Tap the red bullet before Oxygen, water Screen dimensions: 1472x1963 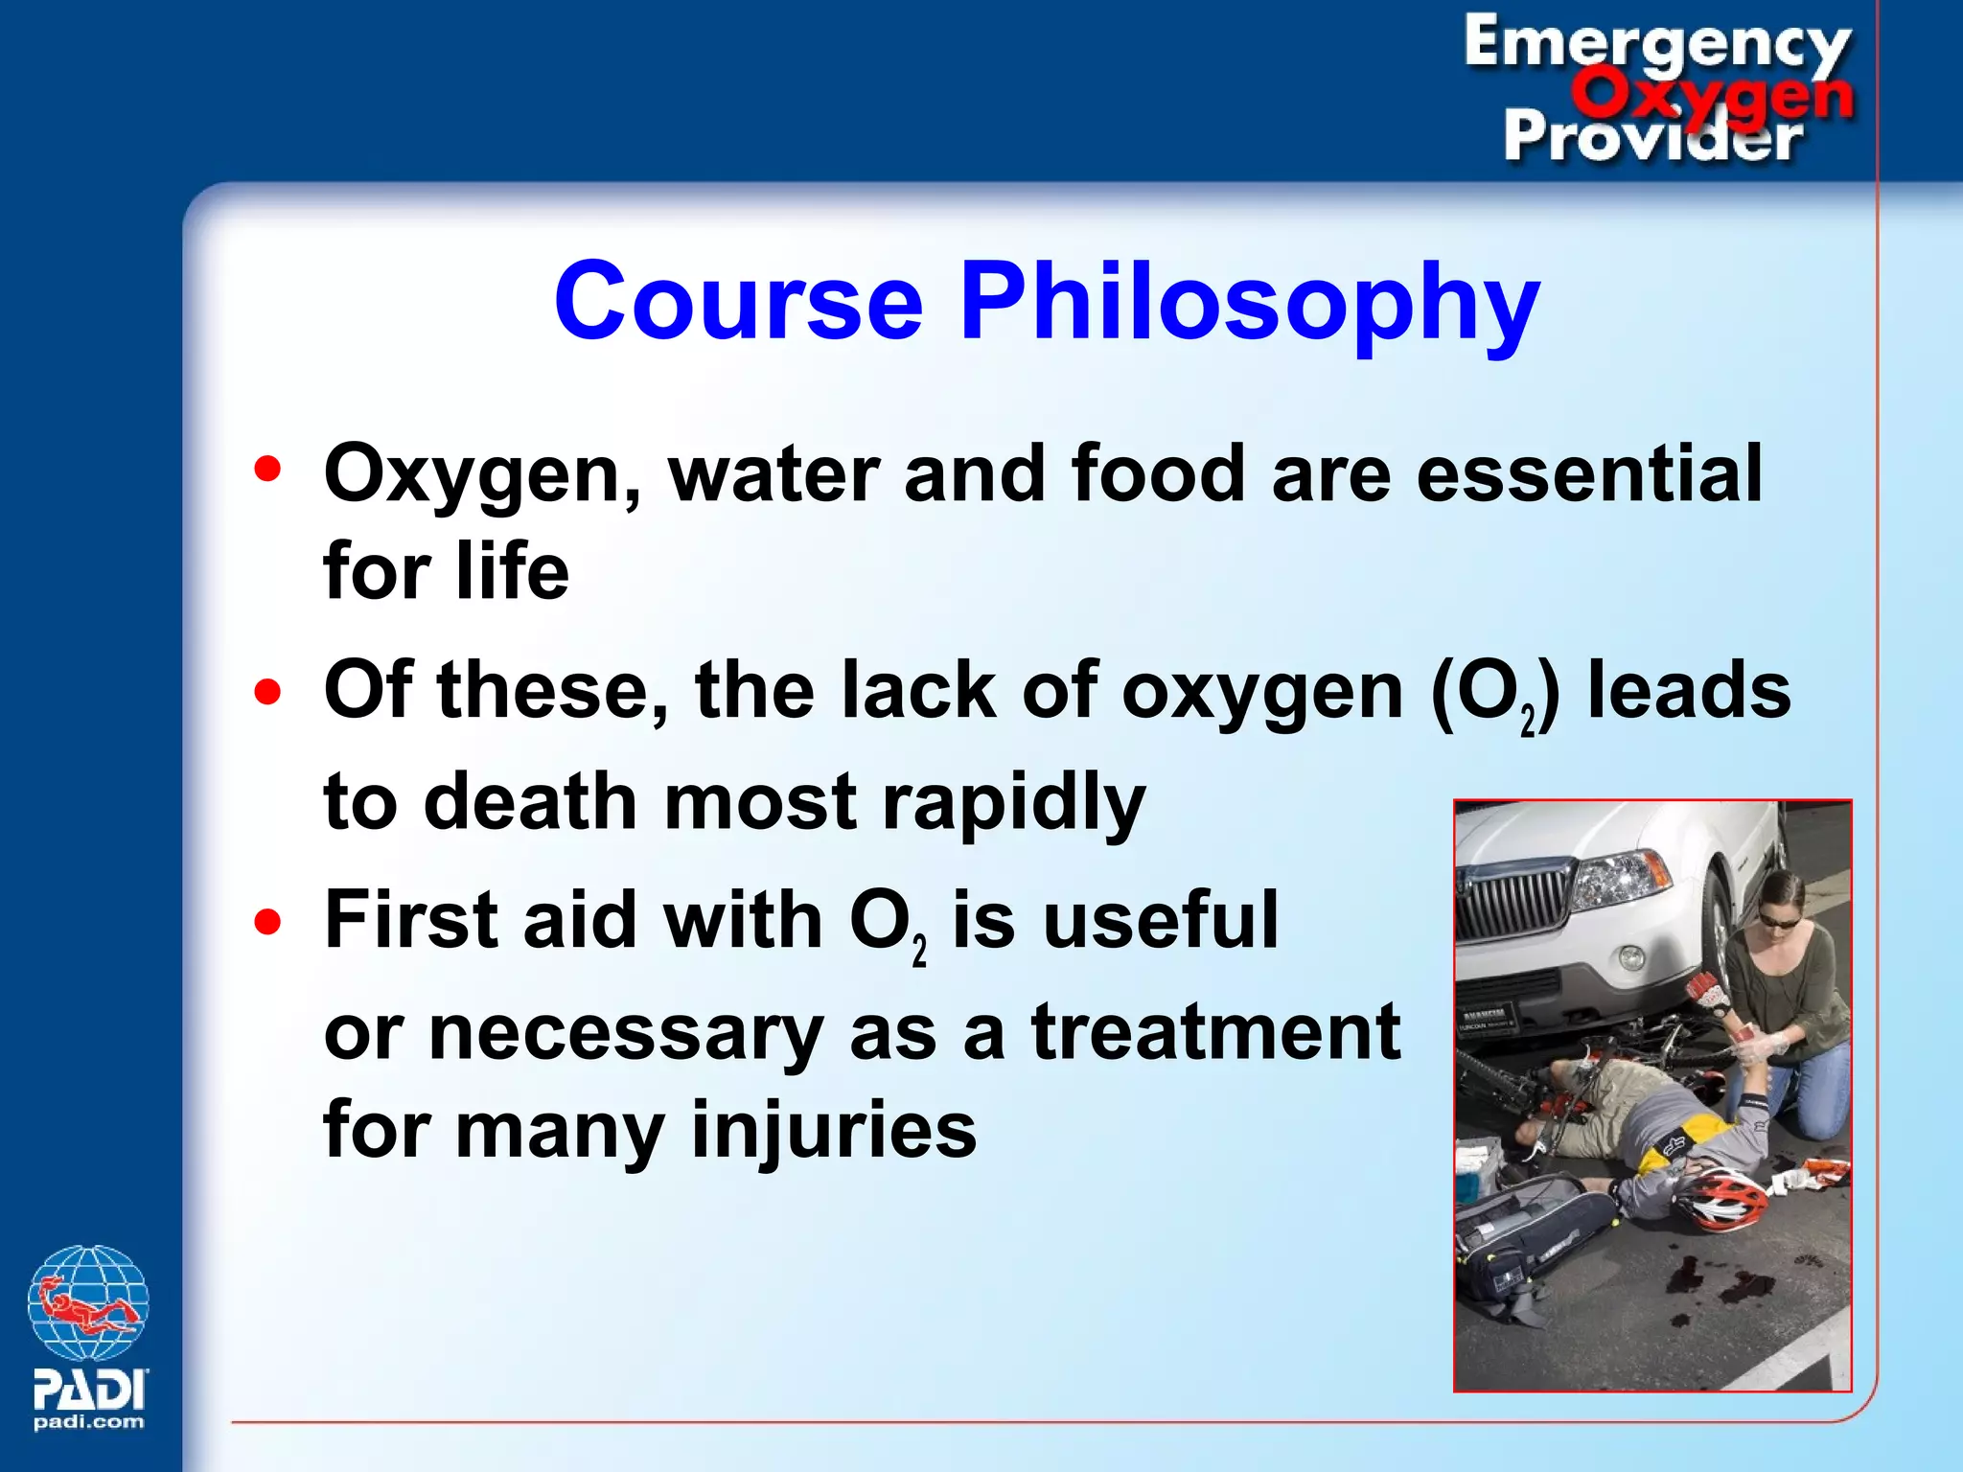pyautogui.click(x=268, y=469)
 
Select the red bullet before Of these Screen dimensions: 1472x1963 pyautogui.click(x=268, y=691)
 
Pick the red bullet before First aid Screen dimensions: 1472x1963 pyautogui.click(x=268, y=921)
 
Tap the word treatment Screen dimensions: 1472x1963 pyautogui.click(x=1215, y=1032)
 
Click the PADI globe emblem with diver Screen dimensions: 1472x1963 pyautogui.click(x=88, y=1302)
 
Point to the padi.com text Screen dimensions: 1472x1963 pyautogui.click(x=88, y=1422)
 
